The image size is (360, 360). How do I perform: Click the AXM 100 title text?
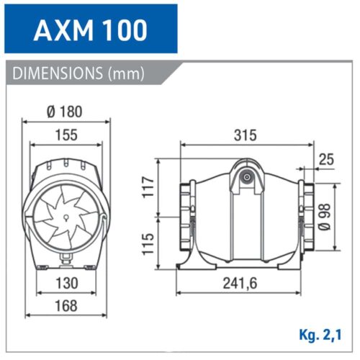91,30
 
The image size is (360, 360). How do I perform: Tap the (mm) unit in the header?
127,73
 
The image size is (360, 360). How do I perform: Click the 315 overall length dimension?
245,135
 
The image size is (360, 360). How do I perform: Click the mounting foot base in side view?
246,264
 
